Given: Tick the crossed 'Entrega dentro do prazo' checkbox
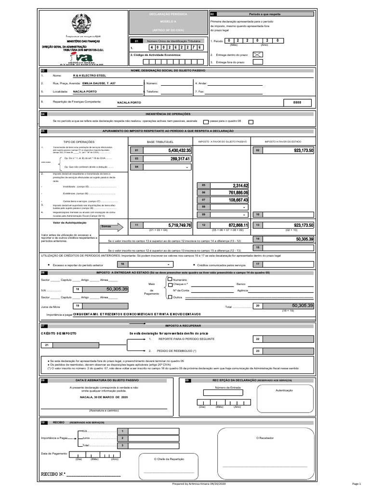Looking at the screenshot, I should [258, 55].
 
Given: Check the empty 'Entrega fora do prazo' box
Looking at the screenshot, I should [258, 62].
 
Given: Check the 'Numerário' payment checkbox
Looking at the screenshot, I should [170, 280].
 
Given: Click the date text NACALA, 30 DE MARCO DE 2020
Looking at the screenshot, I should [104, 398].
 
